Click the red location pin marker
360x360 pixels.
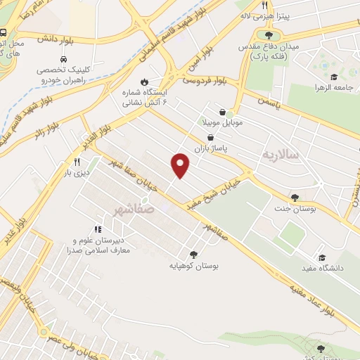181,165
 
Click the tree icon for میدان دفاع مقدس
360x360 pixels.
268,34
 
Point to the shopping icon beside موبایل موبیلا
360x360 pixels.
222,112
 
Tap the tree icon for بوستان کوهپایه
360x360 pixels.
193,255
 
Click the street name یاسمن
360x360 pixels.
267,103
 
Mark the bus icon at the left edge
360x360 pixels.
4,32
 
